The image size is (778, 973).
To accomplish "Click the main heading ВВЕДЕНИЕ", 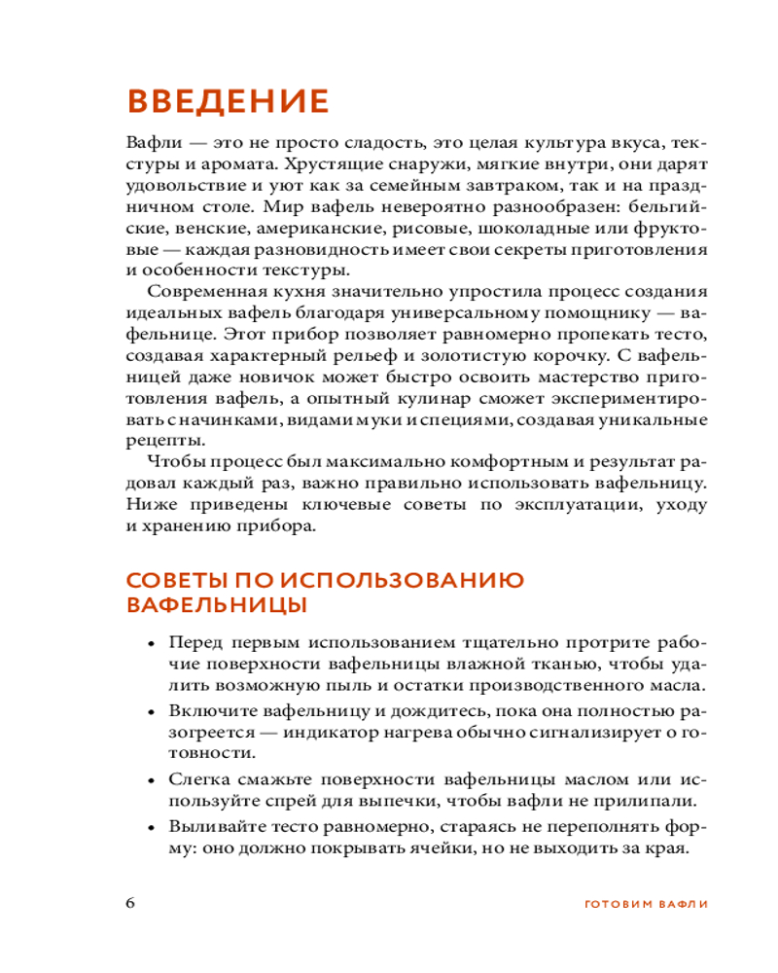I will pyautogui.click(x=228, y=101).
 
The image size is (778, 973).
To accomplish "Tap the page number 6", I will pyautogui.click(x=131, y=900).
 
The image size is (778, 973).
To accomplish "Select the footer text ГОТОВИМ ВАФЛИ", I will pyautogui.click(x=645, y=902).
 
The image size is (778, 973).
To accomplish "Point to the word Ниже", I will pyautogui.click(x=148, y=505).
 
